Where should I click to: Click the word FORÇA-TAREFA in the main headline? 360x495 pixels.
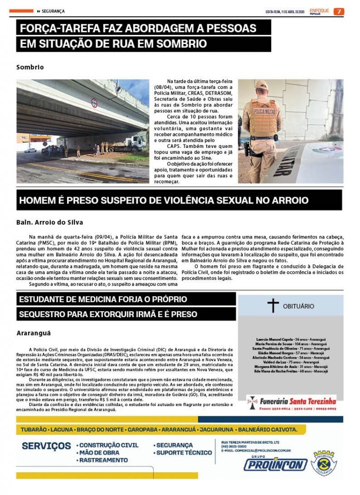pyautogui.click(x=55, y=28)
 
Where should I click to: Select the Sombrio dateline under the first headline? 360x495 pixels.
pyautogui.click(x=30, y=67)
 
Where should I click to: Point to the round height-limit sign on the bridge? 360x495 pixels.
pyautogui.click(x=94, y=102)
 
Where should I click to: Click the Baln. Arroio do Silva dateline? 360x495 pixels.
pyautogui.click(x=50, y=222)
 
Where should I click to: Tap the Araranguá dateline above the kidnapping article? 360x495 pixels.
pyautogui.click(x=33, y=333)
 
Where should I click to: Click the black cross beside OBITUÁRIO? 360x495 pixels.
pyautogui.click(x=274, y=306)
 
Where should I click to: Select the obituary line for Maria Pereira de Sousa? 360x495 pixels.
pyautogui.click(x=290, y=344)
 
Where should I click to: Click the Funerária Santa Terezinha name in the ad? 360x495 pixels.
pyautogui.click(x=298, y=401)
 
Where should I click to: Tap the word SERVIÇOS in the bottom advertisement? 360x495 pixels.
pyautogui.click(x=46, y=446)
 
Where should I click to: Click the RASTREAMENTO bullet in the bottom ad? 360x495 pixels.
pyautogui.click(x=104, y=460)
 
